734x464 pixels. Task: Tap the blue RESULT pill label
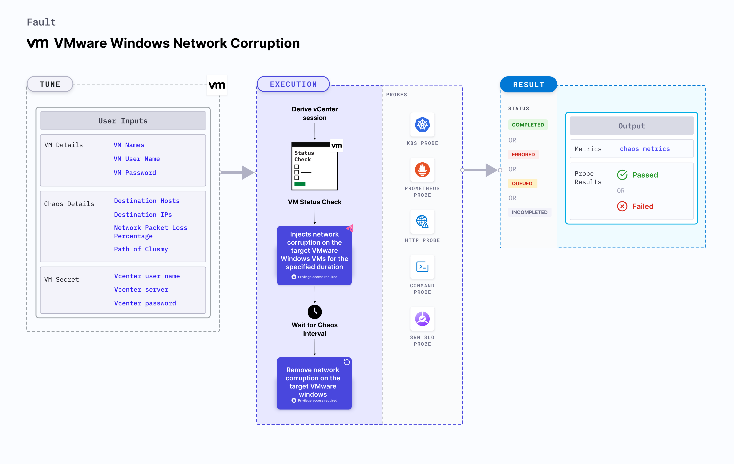528,84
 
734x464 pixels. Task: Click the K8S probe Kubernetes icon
422,125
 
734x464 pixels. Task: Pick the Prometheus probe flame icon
422,170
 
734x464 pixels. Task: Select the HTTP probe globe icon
422,221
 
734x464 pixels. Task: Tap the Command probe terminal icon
422,267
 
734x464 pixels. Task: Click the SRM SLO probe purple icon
422,319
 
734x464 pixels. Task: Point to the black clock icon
315,312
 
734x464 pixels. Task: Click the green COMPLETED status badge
528,125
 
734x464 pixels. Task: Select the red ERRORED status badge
523,154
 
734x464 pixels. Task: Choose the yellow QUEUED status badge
522,183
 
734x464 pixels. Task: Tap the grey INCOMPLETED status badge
529,212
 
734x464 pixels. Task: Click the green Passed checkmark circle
622,175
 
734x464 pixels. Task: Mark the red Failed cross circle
622,206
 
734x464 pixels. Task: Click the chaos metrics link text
644,149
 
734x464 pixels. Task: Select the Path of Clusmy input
141,249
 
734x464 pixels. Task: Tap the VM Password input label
135,173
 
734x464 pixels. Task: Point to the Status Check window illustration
315,166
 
